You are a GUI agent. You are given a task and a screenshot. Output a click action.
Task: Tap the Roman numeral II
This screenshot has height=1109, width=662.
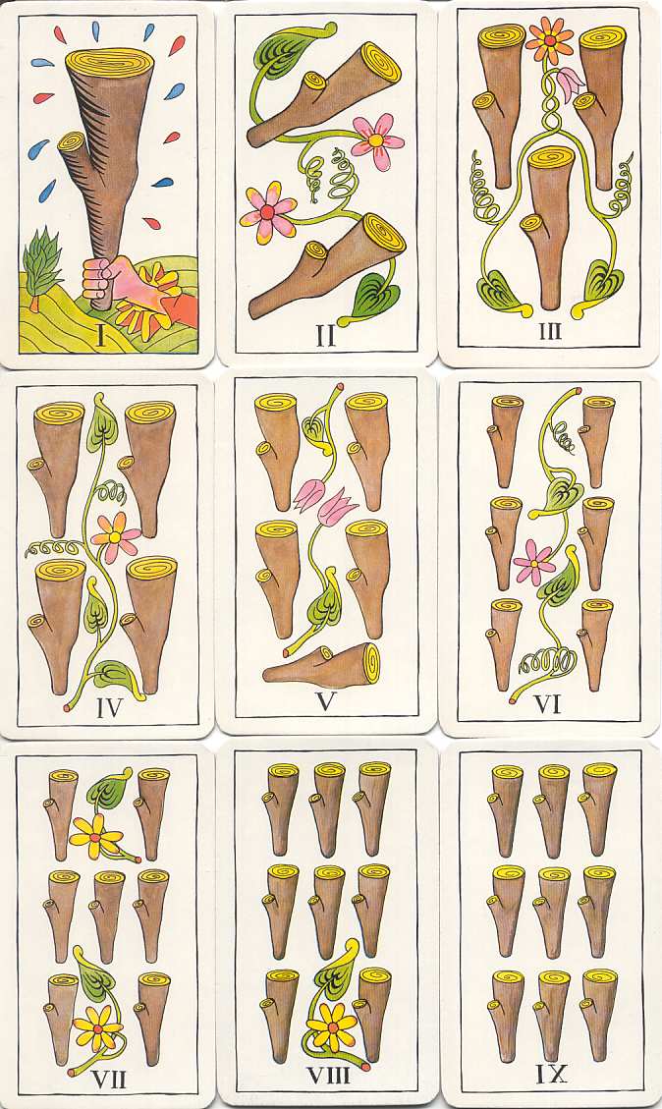coord(325,334)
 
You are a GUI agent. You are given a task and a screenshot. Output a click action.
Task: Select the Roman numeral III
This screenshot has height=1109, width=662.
coord(550,330)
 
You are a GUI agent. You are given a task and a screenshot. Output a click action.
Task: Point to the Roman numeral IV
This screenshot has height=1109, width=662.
coord(109,708)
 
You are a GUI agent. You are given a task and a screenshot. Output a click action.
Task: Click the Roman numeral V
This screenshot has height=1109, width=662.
coord(326,701)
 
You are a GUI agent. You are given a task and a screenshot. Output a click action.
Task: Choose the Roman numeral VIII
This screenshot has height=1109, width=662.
coord(328,1075)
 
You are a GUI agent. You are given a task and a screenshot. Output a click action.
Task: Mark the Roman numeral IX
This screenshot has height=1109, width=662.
coord(550,1075)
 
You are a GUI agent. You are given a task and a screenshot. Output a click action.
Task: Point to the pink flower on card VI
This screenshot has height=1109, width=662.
coord(534,563)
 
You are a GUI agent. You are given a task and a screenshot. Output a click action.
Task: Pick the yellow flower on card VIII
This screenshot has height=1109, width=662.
coord(332,1026)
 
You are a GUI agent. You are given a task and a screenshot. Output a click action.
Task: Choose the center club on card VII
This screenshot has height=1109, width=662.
coord(107,914)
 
